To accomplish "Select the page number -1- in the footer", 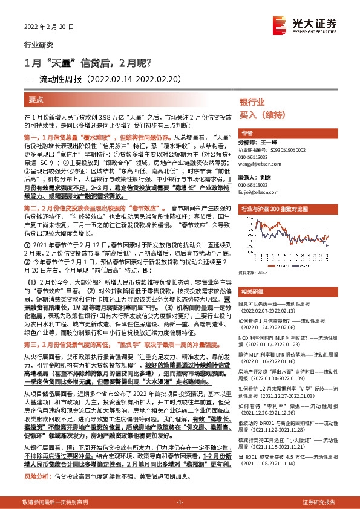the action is coord(179,502).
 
